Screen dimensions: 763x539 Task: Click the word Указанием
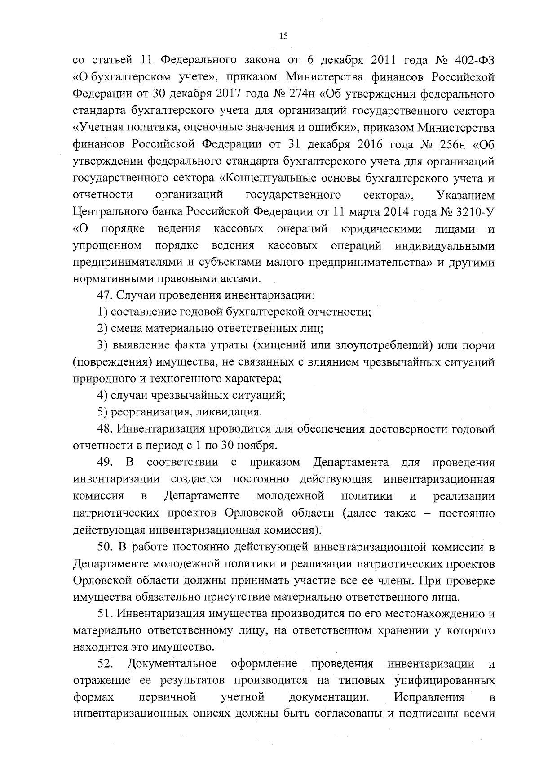click(x=465, y=195)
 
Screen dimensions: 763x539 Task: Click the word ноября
click(x=257, y=446)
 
